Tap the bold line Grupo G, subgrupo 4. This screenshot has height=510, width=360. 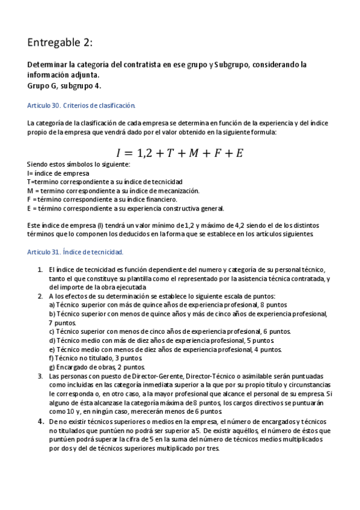64,85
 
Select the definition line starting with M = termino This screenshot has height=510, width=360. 114,191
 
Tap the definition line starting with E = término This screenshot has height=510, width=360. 126,209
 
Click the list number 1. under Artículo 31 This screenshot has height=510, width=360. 40,270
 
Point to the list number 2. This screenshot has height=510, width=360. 40,296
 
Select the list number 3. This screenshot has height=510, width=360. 40,376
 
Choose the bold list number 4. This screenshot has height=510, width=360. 41,421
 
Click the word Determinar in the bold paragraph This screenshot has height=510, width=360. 49,64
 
